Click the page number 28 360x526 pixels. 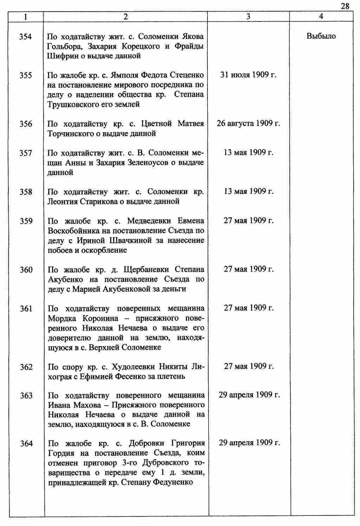345,6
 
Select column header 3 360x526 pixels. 248,17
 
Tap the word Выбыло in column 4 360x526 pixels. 321,36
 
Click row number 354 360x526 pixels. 26,37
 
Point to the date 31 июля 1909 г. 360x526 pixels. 248,75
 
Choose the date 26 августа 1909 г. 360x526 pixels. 248,123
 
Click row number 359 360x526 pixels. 26,221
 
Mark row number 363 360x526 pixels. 26,396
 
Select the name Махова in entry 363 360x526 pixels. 85,405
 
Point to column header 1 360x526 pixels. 26,17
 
